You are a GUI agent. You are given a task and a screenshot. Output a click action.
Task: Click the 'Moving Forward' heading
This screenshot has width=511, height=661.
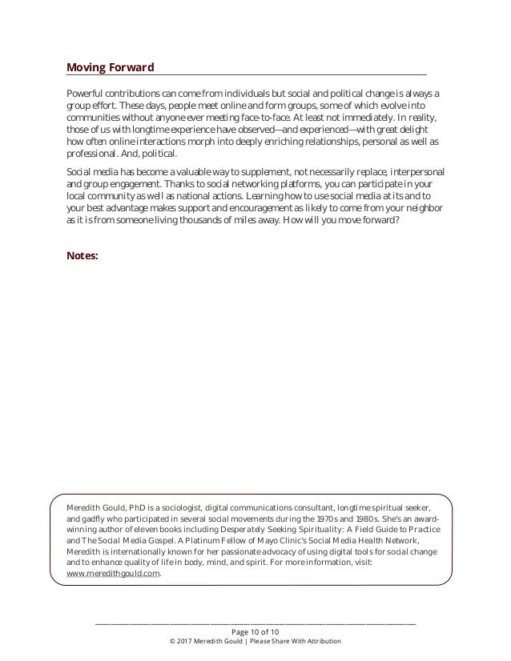[111, 66]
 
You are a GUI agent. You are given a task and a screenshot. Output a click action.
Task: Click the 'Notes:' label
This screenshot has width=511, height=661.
[82, 256]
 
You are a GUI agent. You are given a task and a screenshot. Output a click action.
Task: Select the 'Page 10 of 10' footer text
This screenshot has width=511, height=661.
[255, 631]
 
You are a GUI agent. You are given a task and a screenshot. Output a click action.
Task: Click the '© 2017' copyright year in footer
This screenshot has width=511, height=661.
[180, 641]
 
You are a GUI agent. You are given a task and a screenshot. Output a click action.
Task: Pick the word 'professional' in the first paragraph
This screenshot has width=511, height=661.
[89, 153]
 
